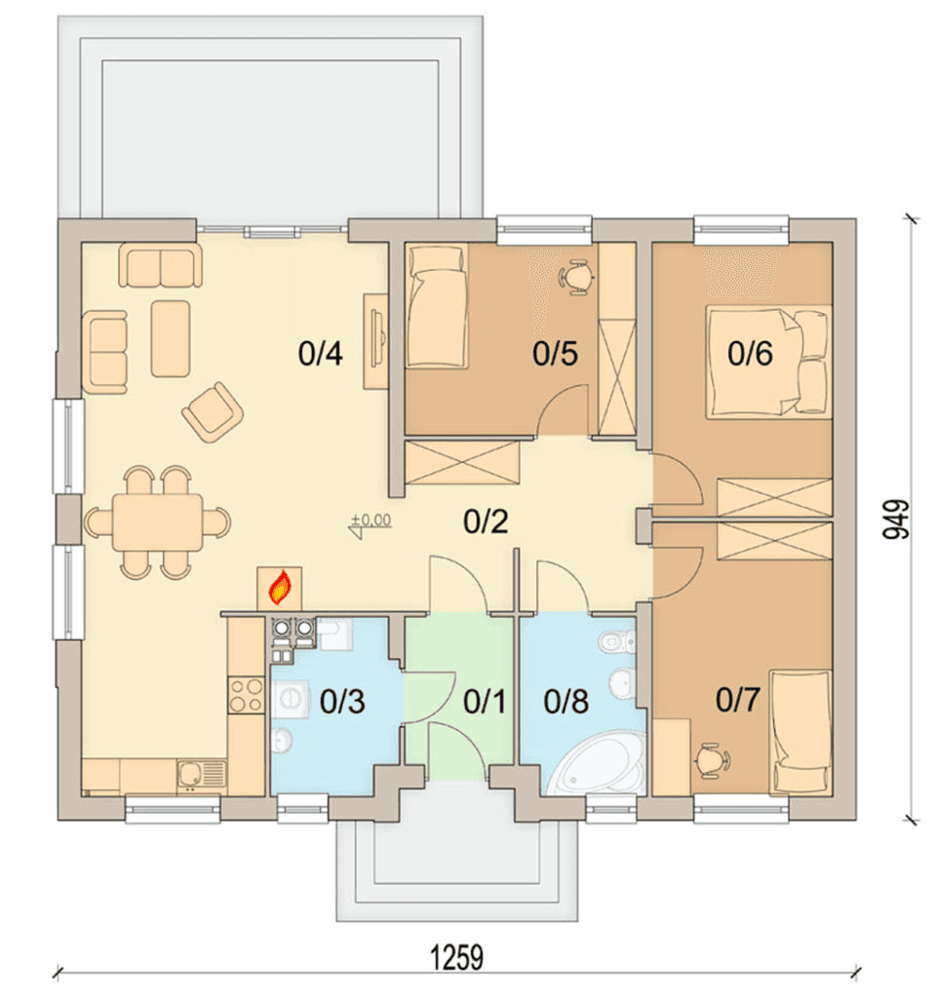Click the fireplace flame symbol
(x=280, y=588)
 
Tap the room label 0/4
(x=320, y=353)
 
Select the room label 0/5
(x=555, y=353)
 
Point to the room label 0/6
(x=750, y=353)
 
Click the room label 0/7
(x=738, y=700)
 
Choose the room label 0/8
(x=566, y=701)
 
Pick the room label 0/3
(x=342, y=701)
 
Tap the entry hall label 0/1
(x=485, y=701)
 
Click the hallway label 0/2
(x=486, y=521)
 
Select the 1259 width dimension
(x=457, y=958)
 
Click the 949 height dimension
(x=896, y=519)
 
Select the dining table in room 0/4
(x=158, y=522)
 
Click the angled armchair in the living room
(x=213, y=412)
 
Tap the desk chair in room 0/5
(x=577, y=277)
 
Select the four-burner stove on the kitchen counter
(x=247, y=695)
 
